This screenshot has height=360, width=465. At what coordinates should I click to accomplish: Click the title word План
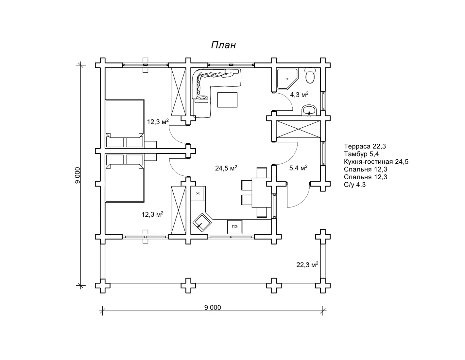[223, 45]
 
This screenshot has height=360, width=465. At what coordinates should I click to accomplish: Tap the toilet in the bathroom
[310, 75]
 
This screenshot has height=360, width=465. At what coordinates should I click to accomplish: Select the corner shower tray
[287, 79]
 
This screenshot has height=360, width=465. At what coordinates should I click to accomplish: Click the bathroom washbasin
[309, 110]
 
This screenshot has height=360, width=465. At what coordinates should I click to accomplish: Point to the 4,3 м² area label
[299, 95]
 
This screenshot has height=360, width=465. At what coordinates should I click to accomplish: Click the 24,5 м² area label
[226, 168]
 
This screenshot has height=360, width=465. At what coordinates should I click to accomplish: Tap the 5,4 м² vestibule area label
[298, 168]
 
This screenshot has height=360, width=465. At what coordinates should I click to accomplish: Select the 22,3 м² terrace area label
[307, 265]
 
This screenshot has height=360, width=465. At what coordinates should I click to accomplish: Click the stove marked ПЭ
[235, 227]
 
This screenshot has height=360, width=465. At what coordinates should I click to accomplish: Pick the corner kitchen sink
[202, 223]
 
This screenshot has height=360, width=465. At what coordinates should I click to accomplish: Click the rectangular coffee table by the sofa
[227, 100]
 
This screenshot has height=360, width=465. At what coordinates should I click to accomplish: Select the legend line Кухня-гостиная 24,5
[376, 161]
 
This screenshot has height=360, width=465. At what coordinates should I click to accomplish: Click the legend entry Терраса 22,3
[365, 146]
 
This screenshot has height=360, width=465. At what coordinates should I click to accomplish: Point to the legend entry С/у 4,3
[355, 184]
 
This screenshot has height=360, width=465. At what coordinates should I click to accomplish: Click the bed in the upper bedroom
[125, 124]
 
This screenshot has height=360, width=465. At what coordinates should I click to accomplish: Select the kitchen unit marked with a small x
[198, 193]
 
